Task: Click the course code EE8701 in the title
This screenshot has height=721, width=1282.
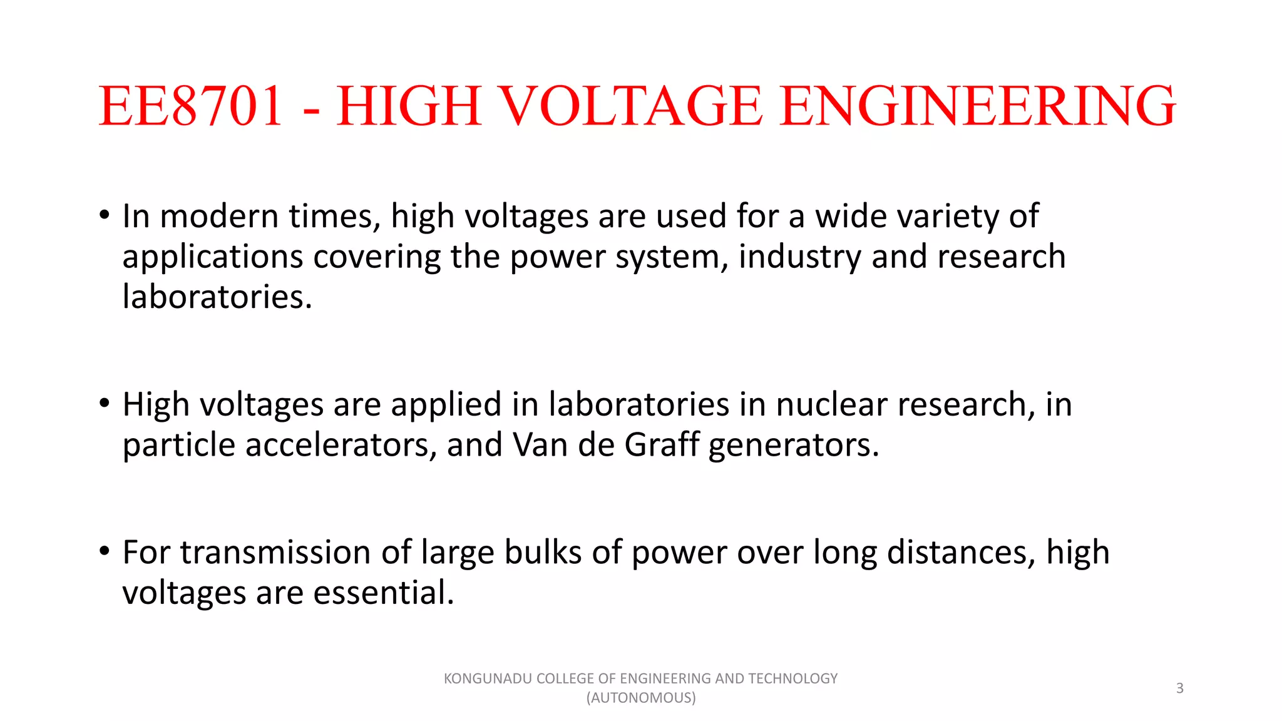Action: coord(191,106)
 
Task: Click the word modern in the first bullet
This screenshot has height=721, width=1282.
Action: coord(219,217)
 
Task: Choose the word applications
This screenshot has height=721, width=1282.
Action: coord(213,258)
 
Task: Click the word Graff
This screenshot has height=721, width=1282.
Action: coord(662,445)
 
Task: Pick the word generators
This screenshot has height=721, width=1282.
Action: coord(794,446)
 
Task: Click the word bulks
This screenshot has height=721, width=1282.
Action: coord(543,553)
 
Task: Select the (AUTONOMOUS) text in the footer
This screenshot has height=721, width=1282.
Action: coord(641,698)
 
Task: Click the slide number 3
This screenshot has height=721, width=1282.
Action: coord(1180,688)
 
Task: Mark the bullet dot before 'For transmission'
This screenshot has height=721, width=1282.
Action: coord(105,551)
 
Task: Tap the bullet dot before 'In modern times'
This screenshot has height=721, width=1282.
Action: coord(105,215)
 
